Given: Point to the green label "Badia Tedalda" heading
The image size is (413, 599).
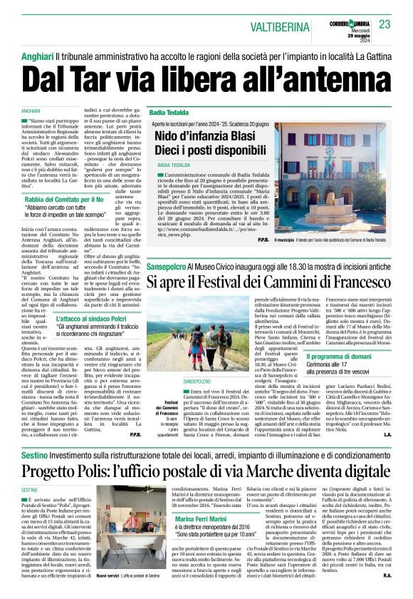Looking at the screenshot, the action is tap(169, 113).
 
